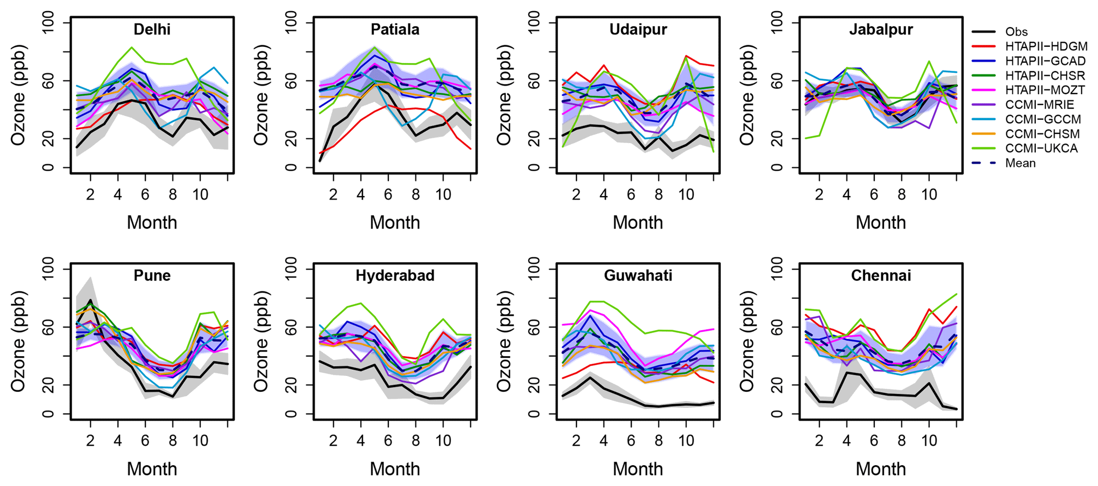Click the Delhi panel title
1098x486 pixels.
click(152, 29)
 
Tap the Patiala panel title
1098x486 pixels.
click(395, 29)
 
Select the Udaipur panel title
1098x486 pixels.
click(638, 29)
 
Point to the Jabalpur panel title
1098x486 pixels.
click(881, 29)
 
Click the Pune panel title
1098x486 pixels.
click(152, 275)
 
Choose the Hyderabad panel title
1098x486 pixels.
click(395, 275)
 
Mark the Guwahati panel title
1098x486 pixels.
click(638, 275)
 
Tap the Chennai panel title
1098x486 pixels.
click(881, 275)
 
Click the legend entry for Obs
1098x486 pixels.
click(1016, 32)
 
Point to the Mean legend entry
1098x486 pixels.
click(1020, 163)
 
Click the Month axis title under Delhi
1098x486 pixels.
click(152, 222)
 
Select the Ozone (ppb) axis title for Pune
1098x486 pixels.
click(18, 341)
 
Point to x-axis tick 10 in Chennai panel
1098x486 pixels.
click(929, 440)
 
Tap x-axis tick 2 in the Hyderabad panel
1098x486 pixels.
click(333, 440)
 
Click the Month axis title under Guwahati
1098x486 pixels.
click(638, 468)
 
